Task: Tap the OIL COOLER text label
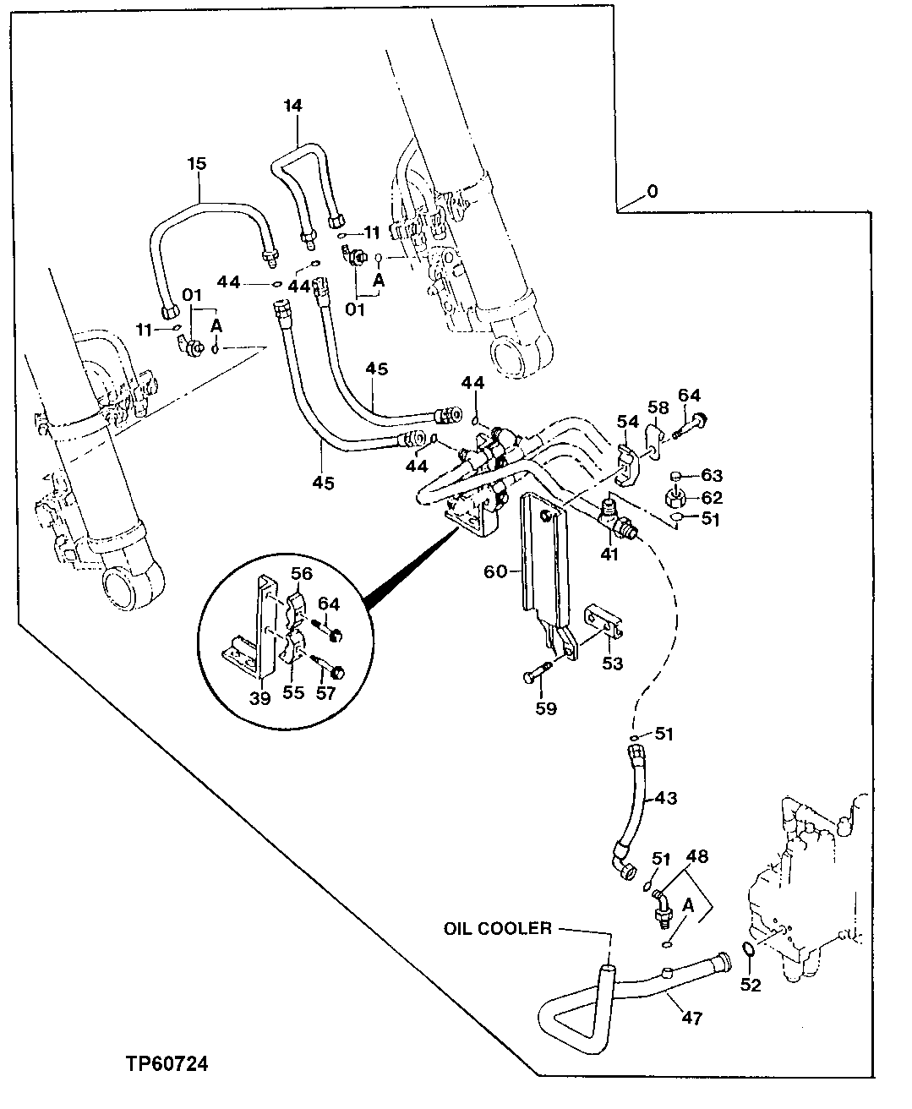pyautogui.click(x=497, y=929)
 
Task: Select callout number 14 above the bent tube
pyautogui.click(x=293, y=106)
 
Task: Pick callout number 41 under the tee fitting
pyautogui.click(x=609, y=554)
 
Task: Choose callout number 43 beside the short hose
pyautogui.click(x=666, y=797)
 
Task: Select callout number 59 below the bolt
pyautogui.click(x=546, y=707)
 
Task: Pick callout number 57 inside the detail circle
pyautogui.click(x=326, y=694)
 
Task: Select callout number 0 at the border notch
pyautogui.click(x=651, y=192)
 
